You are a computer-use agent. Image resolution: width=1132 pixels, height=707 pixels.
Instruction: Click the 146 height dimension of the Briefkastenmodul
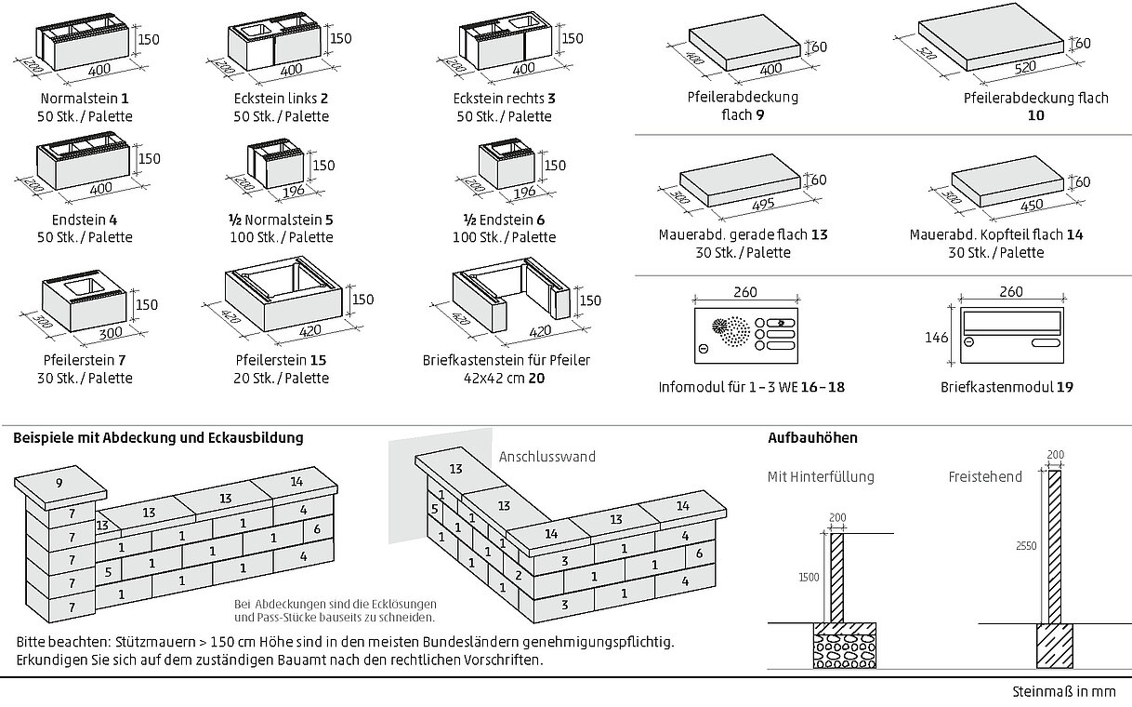coord(938,338)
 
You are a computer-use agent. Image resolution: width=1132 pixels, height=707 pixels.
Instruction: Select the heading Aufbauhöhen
coord(812,437)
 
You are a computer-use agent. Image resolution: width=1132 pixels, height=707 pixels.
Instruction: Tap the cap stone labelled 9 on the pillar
coord(60,483)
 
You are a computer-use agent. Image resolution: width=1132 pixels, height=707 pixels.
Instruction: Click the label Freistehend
coord(985,477)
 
